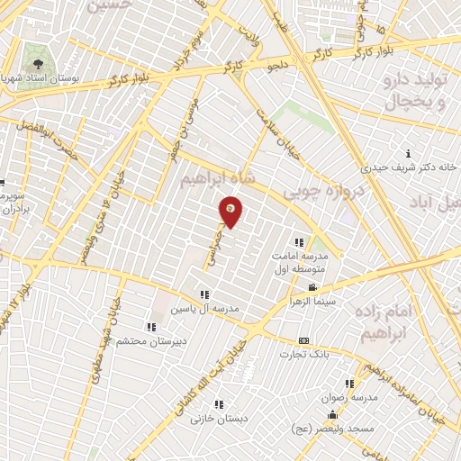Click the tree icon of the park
click(x=39, y=64)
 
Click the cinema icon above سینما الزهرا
click(x=312, y=287)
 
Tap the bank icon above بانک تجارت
click(x=303, y=340)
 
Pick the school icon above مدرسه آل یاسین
click(x=205, y=294)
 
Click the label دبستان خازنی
click(x=218, y=418)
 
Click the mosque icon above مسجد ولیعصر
click(x=333, y=415)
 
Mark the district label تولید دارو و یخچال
click(x=415, y=93)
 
